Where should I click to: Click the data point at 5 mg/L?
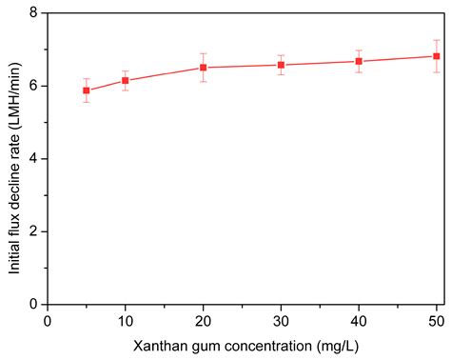[87, 90]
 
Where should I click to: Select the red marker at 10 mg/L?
[126, 80]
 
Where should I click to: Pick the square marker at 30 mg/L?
[281, 65]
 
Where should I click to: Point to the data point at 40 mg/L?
[359, 61]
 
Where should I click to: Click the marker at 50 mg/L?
[436, 56]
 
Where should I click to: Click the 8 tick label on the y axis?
[32, 13]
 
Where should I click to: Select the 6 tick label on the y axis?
[32, 86]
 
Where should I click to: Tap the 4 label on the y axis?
[32, 158]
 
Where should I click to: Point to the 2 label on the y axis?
[32, 231]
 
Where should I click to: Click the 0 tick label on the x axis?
[48, 321]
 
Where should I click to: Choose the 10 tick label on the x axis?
[126, 321]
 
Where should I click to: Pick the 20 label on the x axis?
[203, 321]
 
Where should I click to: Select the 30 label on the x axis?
[281, 321]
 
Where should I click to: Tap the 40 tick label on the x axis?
[359, 321]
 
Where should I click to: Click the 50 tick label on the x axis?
[436, 321]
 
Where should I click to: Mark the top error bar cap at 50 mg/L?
[436, 40]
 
